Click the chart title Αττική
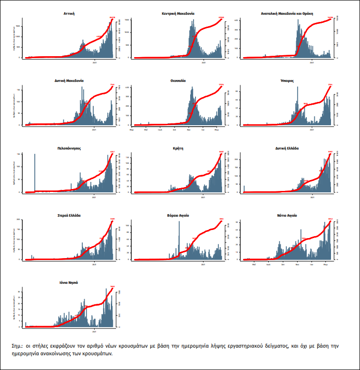pyautogui.click(x=68, y=14)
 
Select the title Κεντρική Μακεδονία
pyautogui.click(x=178, y=14)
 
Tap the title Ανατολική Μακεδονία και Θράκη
pyautogui.click(x=286, y=14)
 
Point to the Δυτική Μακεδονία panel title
pyautogui.click(x=68, y=80)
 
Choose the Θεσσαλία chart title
pyautogui.click(x=178, y=80)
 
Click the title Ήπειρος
pyautogui.click(x=287, y=80)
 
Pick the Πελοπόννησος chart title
pyautogui.click(x=69, y=148)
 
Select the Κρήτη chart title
pyautogui.click(x=178, y=148)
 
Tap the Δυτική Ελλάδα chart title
pyautogui.click(x=287, y=148)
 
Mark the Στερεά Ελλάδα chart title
pyautogui.click(x=69, y=215)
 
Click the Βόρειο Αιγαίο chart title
pyautogui.click(x=178, y=215)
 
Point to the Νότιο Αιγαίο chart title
pyautogui.click(x=287, y=215)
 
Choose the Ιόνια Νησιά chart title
pyautogui.click(x=69, y=282)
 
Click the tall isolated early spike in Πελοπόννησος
pyautogui.click(x=35, y=171)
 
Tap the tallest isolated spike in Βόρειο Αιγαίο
pyautogui.click(x=179, y=238)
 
